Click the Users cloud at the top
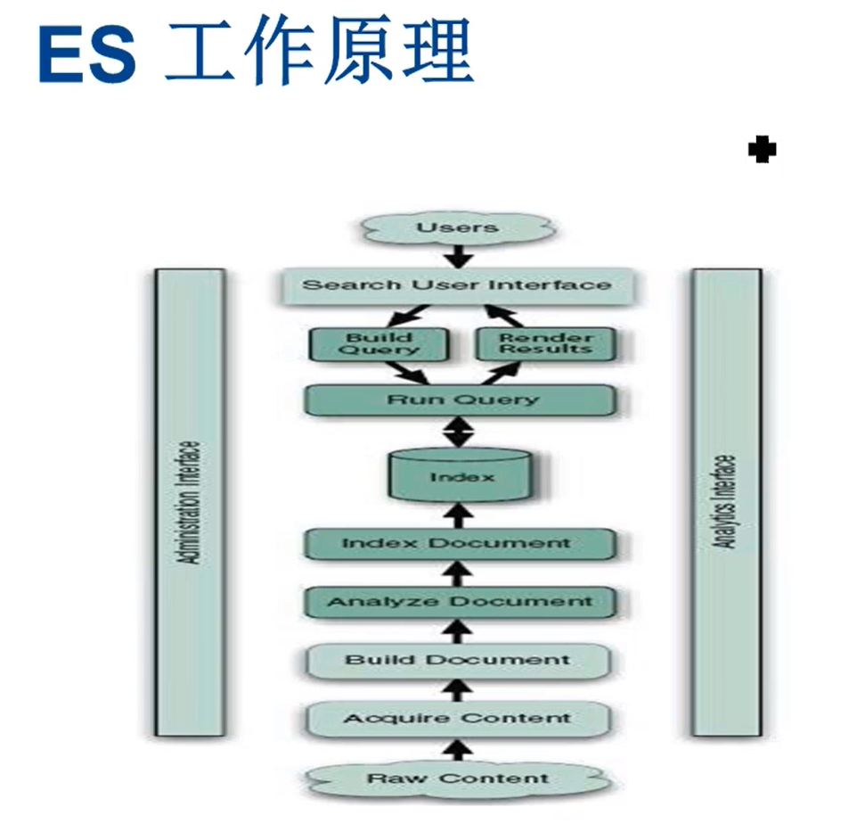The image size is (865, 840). pyautogui.click(x=457, y=227)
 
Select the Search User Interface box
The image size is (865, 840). pyautogui.click(x=457, y=285)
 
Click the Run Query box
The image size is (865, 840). pyautogui.click(x=460, y=399)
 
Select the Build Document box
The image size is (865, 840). pyautogui.click(x=458, y=660)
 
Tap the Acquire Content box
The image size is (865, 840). pyautogui.click(x=458, y=718)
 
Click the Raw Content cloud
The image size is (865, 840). pyautogui.click(x=458, y=778)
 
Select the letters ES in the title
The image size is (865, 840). pyautogui.click(x=88, y=55)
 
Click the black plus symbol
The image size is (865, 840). pyautogui.click(x=762, y=150)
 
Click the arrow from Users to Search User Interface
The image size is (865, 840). pyautogui.click(x=459, y=256)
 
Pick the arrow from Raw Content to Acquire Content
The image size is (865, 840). pyautogui.click(x=459, y=748)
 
